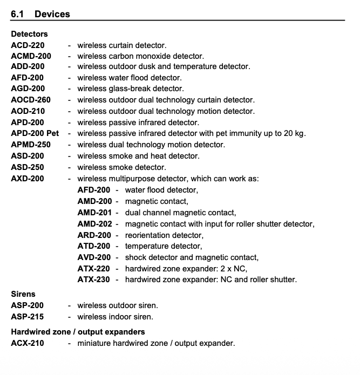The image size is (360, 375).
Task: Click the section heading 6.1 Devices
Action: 40,13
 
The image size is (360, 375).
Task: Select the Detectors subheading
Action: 29,33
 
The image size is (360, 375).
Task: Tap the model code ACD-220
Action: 28,45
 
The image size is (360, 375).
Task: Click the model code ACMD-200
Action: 31,56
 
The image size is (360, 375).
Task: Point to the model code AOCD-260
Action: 31,100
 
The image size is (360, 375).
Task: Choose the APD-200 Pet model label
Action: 35,133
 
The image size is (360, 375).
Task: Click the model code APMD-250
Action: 31,145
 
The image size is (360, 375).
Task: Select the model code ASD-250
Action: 28,167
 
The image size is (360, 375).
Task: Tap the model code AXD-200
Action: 28,178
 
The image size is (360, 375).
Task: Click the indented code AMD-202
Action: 94,223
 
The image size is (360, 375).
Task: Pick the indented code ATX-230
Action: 94,279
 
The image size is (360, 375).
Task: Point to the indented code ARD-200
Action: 94,235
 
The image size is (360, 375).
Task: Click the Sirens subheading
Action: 23,294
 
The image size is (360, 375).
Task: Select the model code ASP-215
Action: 28,317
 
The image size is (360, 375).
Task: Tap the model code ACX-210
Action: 28,343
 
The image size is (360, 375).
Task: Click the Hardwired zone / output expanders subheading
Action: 78,331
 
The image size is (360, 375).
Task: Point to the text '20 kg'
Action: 294,133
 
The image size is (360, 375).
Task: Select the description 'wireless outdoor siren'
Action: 118,305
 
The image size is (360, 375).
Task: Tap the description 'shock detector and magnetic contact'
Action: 192,257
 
